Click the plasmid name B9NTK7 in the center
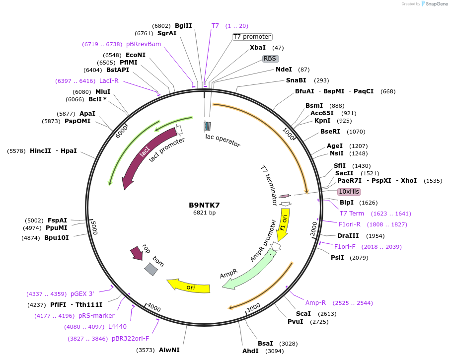point(204,205)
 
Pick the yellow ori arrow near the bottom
point(189,286)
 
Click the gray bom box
point(151,269)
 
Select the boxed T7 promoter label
point(252,37)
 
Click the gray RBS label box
point(271,59)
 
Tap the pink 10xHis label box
point(349,192)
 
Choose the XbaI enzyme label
point(257,48)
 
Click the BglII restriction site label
point(183,26)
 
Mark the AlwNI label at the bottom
point(169,350)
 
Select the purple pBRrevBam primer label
point(144,44)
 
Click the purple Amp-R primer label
point(315,303)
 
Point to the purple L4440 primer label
point(117,327)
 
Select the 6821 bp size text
point(204,213)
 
